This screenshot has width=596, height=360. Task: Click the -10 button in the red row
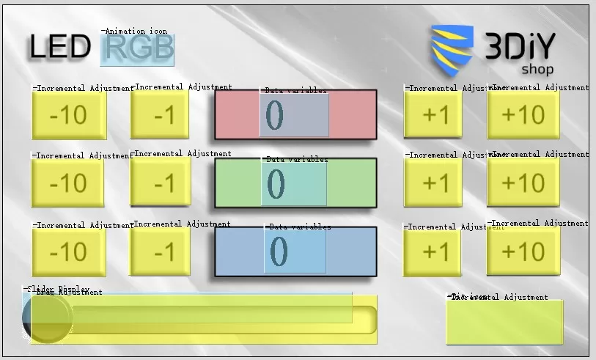[x=69, y=114]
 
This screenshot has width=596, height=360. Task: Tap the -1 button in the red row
[x=160, y=114]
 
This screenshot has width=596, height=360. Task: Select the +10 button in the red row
[x=523, y=114]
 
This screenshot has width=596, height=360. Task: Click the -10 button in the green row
[x=68, y=183]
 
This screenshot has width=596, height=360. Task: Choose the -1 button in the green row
[x=160, y=183]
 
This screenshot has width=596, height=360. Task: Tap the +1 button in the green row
[x=433, y=183]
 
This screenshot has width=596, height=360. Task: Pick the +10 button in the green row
[x=523, y=183]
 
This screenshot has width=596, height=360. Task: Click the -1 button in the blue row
[x=160, y=251]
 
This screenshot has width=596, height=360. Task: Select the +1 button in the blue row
[x=433, y=251]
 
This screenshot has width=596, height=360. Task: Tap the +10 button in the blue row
[x=523, y=251]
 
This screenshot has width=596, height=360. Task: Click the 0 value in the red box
[x=275, y=115]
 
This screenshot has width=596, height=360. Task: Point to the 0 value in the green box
[x=276, y=183]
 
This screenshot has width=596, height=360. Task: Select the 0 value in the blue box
[x=279, y=251]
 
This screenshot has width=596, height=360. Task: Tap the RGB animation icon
[x=138, y=48]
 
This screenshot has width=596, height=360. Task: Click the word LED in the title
[x=60, y=48]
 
